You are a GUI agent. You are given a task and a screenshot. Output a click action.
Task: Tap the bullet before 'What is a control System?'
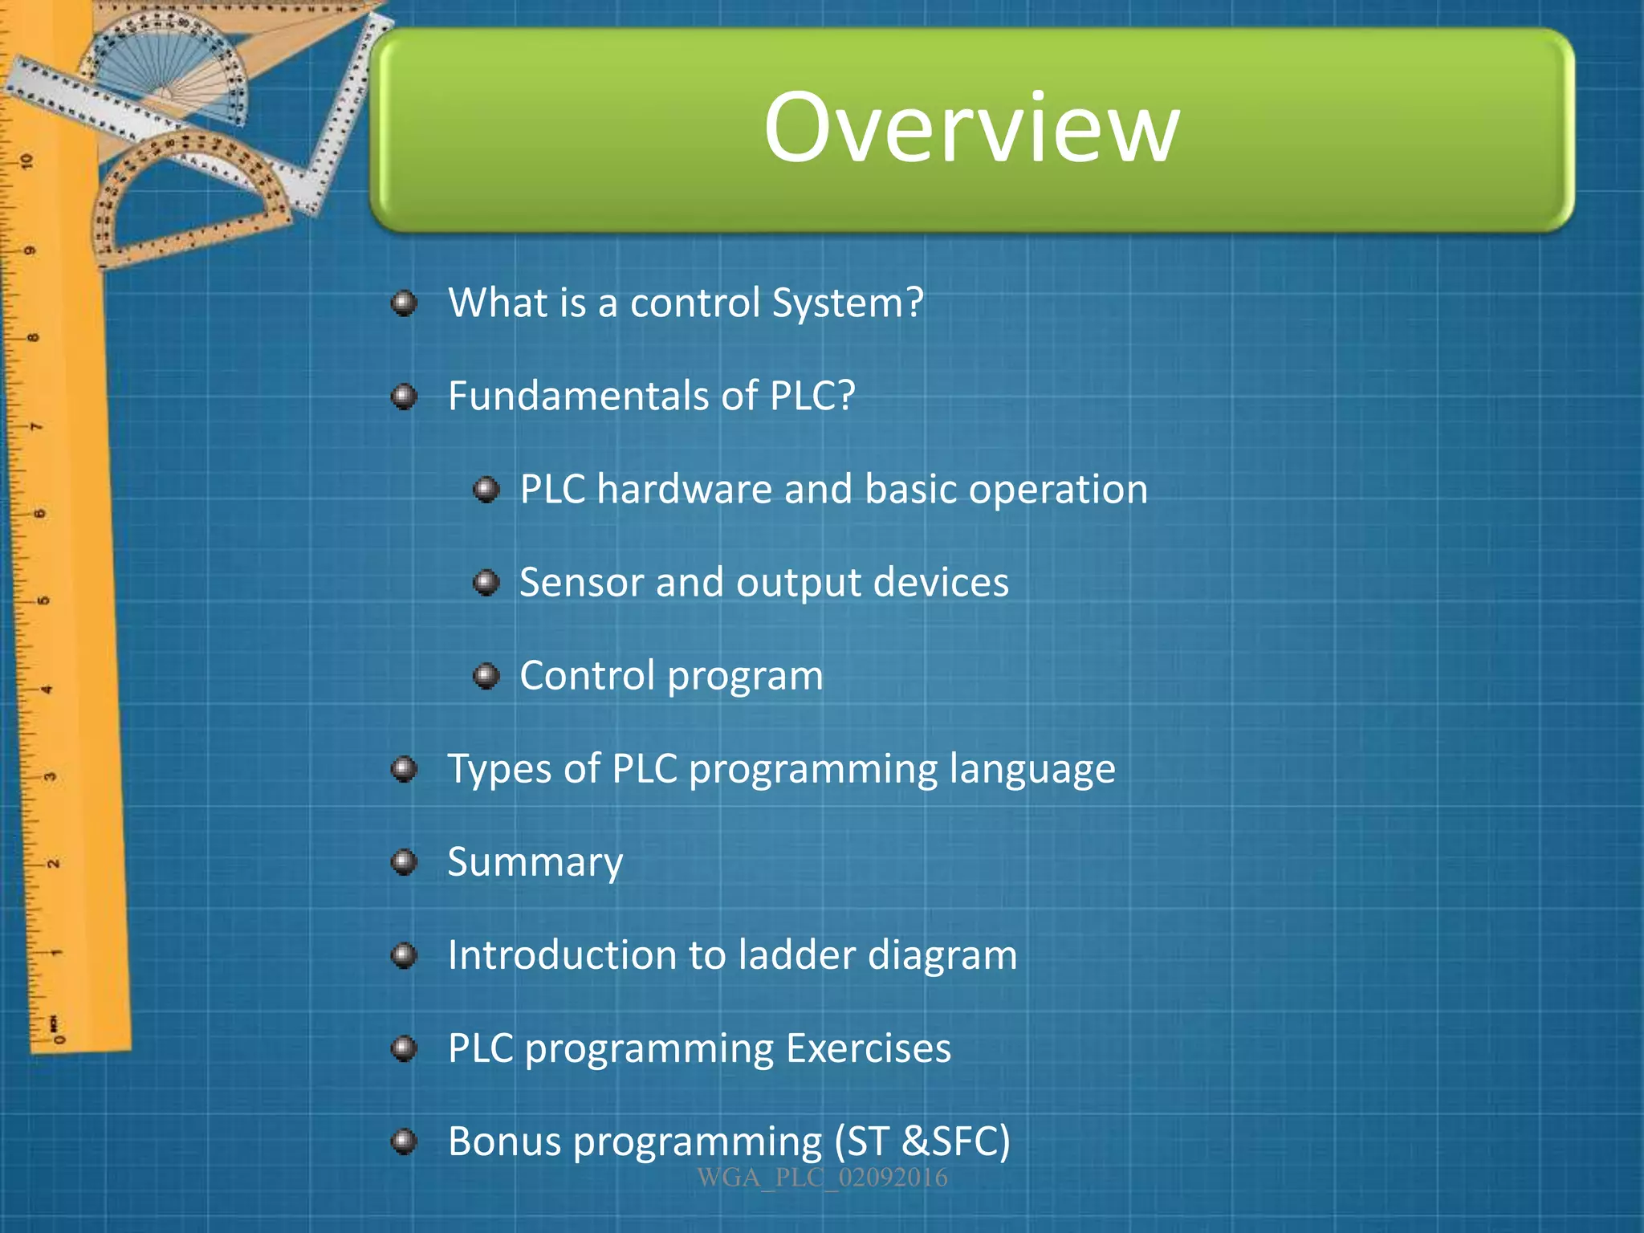[404, 304]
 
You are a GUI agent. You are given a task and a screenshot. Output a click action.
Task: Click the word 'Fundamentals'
[578, 396]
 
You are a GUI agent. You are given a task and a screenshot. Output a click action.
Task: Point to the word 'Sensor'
[580, 582]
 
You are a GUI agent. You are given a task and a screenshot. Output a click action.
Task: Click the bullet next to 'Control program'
[486, 676]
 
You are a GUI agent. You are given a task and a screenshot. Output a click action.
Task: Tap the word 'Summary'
[535, 863]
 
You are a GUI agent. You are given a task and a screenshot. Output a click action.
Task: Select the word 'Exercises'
[869, 1048]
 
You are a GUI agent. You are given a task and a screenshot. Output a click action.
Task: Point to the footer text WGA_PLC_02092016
[822, 1178]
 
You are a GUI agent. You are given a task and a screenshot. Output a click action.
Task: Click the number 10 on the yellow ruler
[27, 161]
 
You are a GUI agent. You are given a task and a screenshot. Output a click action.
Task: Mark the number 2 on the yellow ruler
[53, 865]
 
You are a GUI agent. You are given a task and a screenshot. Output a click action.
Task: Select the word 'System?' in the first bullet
[847, 303]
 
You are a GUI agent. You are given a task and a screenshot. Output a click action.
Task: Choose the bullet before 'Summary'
[404, 863]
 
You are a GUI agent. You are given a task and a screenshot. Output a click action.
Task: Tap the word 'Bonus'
[504, 1141]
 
